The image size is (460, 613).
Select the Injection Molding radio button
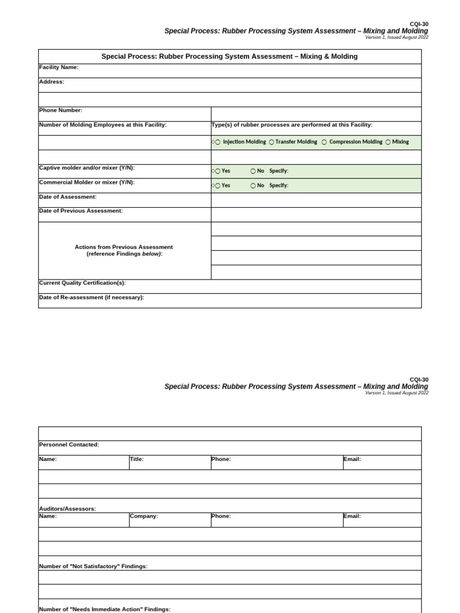[217, 142]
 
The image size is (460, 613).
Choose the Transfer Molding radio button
[271, 142]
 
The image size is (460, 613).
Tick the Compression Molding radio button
[324, 142]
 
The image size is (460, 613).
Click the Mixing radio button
[388, 142]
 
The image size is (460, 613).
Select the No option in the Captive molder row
[253, 171]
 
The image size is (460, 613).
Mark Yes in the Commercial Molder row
[217, 186]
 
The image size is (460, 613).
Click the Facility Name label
[59, 68]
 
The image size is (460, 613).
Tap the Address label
[52, 82]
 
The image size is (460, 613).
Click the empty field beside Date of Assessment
[316, 200]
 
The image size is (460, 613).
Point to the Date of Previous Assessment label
[81, 211]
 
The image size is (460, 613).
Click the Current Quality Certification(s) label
[83, 283]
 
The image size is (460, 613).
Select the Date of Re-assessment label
[92, 298]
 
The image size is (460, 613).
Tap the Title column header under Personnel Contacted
[137, 459]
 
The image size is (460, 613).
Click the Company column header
[144, 516]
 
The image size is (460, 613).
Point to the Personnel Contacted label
[69, 445]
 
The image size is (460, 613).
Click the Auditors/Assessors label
[67, 509]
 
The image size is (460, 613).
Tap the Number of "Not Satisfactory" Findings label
[93, 566]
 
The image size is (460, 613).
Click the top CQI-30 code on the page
[419, 24]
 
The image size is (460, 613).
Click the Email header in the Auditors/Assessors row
[352, 516]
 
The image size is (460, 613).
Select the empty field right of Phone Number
[316, 114]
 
